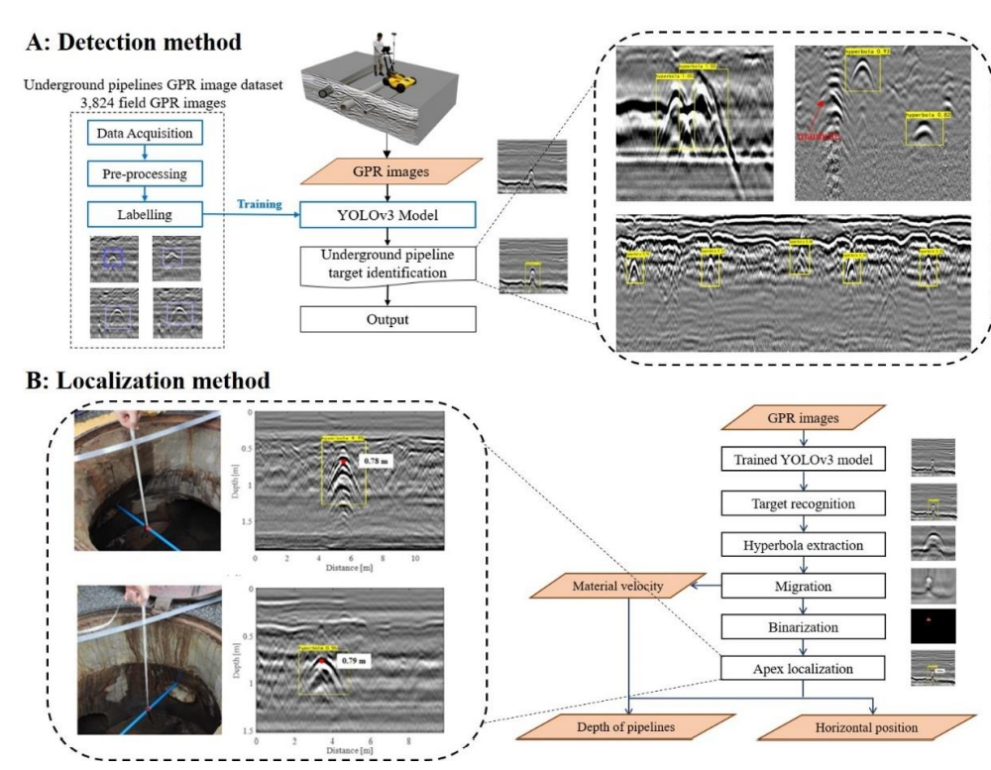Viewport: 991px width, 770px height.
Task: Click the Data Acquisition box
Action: (146, 131)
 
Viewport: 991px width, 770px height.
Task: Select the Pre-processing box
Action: (146, 171)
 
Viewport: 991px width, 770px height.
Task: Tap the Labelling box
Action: (146, 212)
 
